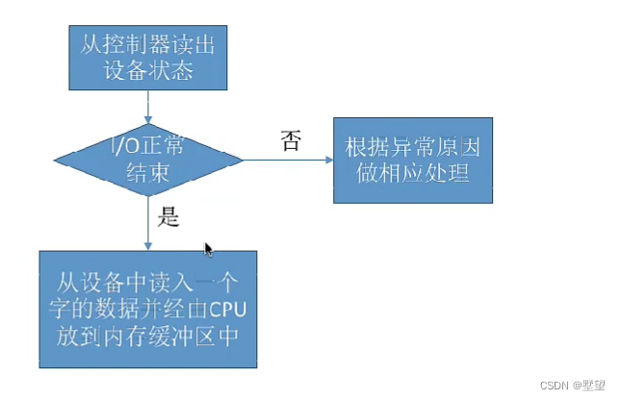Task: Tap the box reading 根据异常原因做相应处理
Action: (x=413, y=160)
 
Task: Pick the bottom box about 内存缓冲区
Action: (x=148, y=308)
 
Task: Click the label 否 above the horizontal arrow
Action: (x=290, y=141)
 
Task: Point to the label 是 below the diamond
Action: (x=168, y=218)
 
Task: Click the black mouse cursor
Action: (x=209, y=250)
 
